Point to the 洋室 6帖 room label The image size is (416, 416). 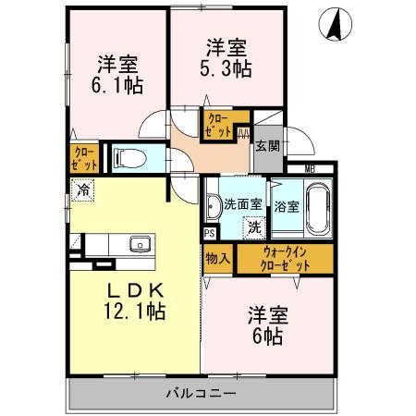point(268,324)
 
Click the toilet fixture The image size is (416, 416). point(127,157)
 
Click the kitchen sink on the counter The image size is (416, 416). point(141,244)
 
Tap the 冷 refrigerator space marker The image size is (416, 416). point(83,191)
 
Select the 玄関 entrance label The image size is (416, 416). point(268,145)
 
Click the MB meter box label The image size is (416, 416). point(310,168)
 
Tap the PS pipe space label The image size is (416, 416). point(209,234)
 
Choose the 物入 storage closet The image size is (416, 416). point(217,258)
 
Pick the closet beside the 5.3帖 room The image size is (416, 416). point(219,124)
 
